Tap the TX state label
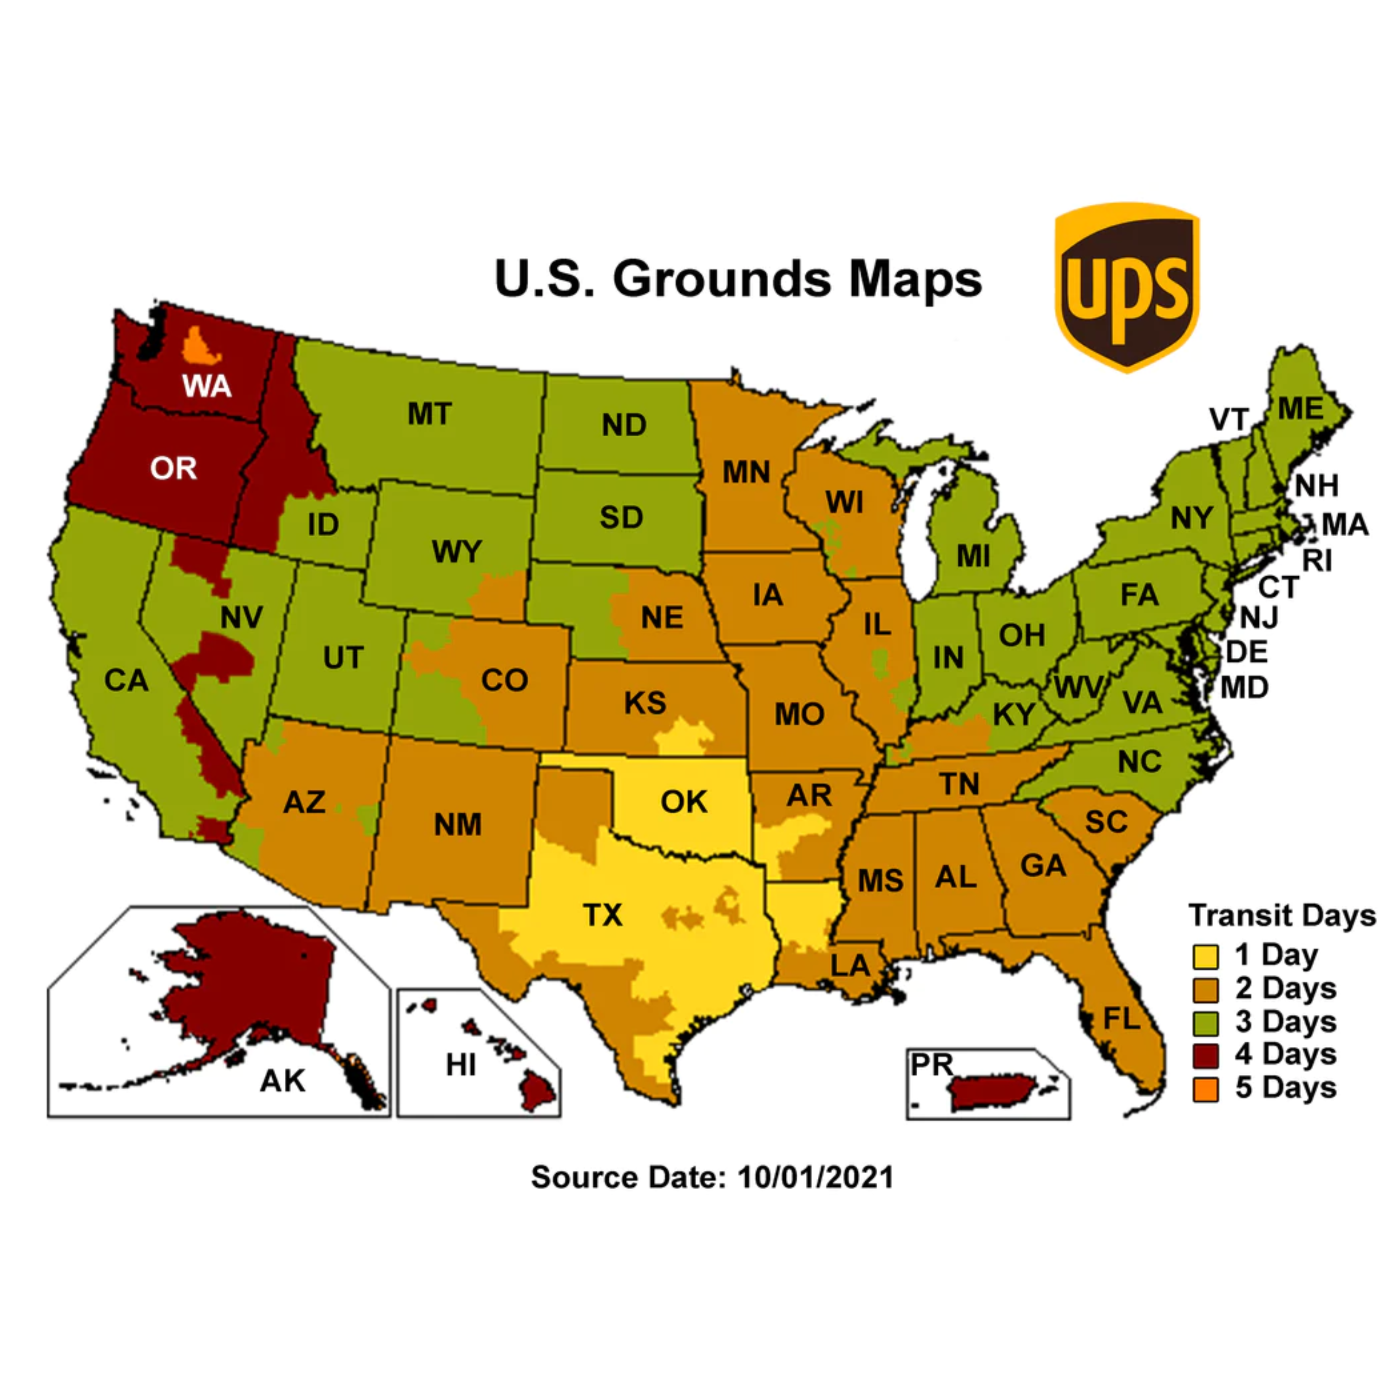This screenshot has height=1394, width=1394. (603, 915)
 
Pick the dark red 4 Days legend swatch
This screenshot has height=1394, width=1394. (1205, 1056)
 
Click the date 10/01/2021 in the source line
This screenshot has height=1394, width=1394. (815, 1177)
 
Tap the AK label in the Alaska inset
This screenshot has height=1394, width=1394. (283, 1081)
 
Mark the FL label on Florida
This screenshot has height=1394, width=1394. (1122, 1019)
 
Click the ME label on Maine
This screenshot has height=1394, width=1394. (1300, 409)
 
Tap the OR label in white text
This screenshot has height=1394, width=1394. (173, 469)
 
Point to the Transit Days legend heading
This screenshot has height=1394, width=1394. (1282, 915)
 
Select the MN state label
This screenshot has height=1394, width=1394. (747, 473)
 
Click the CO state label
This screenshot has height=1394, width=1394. (504, 680)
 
